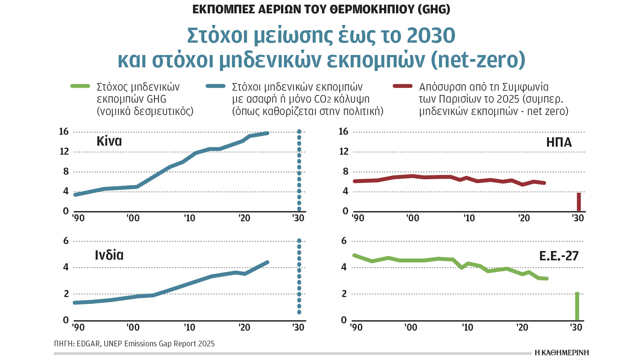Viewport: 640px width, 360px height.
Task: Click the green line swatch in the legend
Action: pyautogui.click(x=80, y=86)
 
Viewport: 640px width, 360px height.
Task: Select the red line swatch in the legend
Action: pyautogui.click(x=403, y=86)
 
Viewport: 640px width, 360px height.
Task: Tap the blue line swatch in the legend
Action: pyautogui.click(x=216, y=86)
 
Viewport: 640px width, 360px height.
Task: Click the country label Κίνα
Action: pyautogui.click(x=109, y=141)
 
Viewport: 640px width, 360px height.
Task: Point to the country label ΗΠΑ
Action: pyautogui.click(x=559, y=143)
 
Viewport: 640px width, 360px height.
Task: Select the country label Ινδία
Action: pyautogui.click(x=109, y=255)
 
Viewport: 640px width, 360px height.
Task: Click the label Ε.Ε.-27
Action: pyautogui.click(x=559, y=256)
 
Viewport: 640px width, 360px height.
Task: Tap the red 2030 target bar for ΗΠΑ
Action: pyautogui.click(x=579, y=202)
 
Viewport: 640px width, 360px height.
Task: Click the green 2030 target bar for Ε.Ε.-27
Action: pyautogui.click(x=577, y=306)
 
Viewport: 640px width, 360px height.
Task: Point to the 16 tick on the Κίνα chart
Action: pyautogui.click(x=64, y=132)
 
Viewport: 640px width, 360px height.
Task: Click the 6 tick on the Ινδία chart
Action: pyautogui.click(x=66, y=241)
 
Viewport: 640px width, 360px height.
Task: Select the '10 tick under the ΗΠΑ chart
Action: pyautogui.click(x=469, y=218)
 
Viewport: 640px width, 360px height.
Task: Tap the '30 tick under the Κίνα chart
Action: pyautogui.click(x=298, y=218)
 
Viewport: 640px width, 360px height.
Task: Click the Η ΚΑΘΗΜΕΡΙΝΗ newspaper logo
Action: pyautogui.click(x=562, y=353)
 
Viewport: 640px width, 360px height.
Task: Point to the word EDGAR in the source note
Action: pyautogui.click(x=88, y=344)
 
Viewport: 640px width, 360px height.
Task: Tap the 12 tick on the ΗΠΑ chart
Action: pyautogui.click(x=344, y=152)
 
